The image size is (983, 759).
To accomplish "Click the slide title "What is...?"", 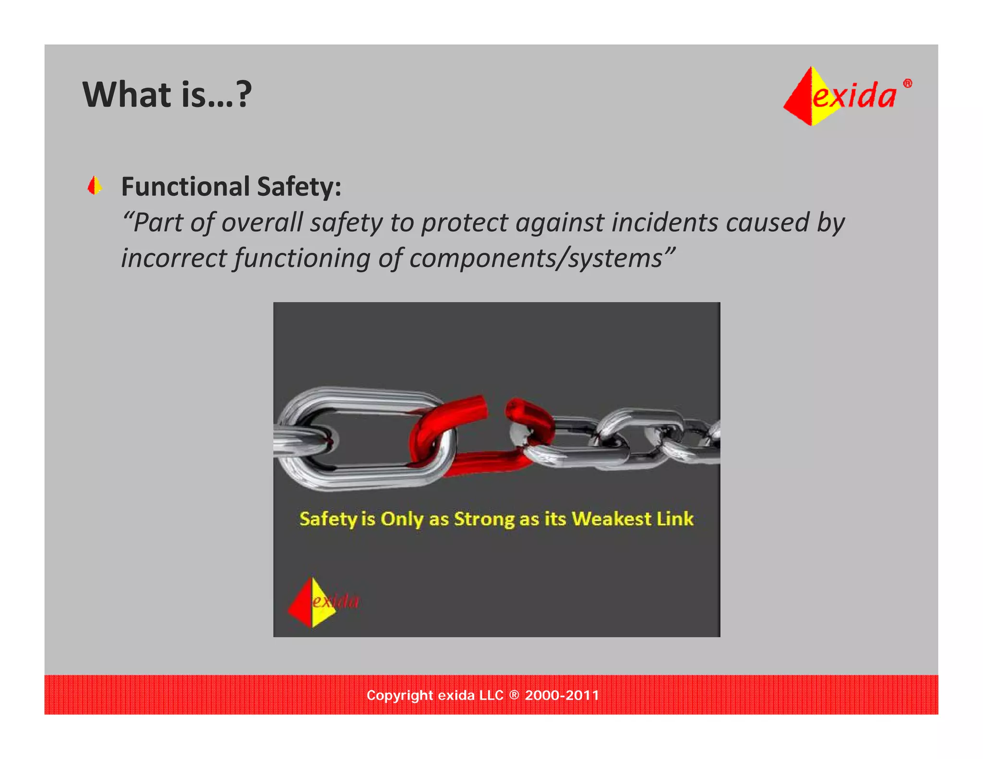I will pos(167,95).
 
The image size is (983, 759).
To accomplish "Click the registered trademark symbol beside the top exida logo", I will pos(907,83).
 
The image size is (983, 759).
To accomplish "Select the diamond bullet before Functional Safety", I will pos(95,186).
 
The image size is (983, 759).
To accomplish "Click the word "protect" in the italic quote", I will pos(464,223).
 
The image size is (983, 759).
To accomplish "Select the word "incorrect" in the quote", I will pos(173,258).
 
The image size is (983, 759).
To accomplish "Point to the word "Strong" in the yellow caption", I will pos(484,519).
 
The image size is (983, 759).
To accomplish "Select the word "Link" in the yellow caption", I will pos(675,519).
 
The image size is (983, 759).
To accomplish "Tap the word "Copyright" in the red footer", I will pos(399,695).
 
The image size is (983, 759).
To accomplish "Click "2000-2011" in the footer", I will pos(562,695).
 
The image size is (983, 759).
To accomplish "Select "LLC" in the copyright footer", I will pos(491,695).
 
